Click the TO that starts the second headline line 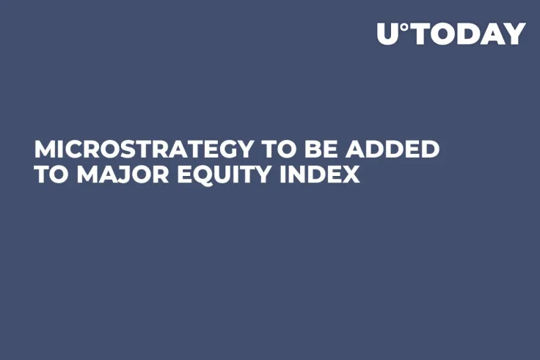point(48,176)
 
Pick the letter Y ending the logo point(514,34)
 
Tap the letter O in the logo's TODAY point(443,34)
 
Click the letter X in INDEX point(351,176)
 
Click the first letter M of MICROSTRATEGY point(45,150)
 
